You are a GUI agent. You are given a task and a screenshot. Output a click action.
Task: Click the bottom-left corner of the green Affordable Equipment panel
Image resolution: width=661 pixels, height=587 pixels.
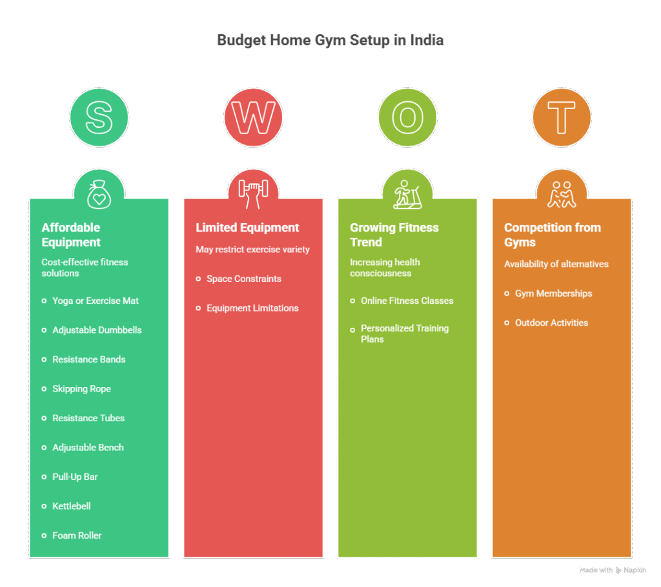(x=30, y=557)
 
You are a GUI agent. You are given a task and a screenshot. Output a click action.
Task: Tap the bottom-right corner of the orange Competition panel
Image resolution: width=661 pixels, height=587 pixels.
(x=631, y=557)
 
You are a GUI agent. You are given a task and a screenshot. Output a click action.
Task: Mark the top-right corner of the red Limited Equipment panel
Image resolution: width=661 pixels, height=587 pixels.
(x=323, y=199)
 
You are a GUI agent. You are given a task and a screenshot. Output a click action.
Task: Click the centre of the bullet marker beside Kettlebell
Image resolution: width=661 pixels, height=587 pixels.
(x=44, y=506)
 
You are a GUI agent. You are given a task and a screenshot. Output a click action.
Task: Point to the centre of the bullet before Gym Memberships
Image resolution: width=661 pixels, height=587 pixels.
(x=507, y=293)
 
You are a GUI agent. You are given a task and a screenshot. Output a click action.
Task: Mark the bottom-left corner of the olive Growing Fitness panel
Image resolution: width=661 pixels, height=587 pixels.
(x=338, y=557)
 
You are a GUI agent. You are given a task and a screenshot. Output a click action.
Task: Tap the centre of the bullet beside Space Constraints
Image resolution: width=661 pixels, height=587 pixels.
(x=198, y=279)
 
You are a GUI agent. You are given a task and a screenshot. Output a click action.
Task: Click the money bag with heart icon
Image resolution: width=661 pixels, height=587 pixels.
(x=99, y=194)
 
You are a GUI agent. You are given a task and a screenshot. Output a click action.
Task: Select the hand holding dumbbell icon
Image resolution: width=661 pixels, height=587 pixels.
(x=253, y=194)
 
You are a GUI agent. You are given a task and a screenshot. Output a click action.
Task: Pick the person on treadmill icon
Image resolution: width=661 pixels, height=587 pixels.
(x=408, y=194)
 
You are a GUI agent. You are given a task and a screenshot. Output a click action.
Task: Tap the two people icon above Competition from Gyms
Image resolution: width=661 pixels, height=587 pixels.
(x=562, y=194)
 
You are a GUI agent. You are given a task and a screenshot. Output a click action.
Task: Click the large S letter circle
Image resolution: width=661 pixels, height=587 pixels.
(x=99, y=117)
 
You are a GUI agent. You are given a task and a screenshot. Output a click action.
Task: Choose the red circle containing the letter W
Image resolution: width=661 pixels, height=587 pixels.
(x=253, y=117)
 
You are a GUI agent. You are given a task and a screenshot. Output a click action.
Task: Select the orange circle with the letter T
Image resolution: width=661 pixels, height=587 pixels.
(x=562, y=117)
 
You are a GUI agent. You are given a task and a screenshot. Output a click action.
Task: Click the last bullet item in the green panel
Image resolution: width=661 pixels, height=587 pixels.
(x=77, y=535)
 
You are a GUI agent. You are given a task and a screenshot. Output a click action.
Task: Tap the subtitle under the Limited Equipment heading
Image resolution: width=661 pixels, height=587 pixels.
(x=252, y=250)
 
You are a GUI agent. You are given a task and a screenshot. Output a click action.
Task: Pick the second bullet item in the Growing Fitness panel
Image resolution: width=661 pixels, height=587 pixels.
(x=405, y=333)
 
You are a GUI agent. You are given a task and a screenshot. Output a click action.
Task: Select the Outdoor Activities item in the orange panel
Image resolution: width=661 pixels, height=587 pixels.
(x=551, y=323)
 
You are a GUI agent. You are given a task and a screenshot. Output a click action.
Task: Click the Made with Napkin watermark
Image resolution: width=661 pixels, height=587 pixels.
(x=613, y=570)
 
